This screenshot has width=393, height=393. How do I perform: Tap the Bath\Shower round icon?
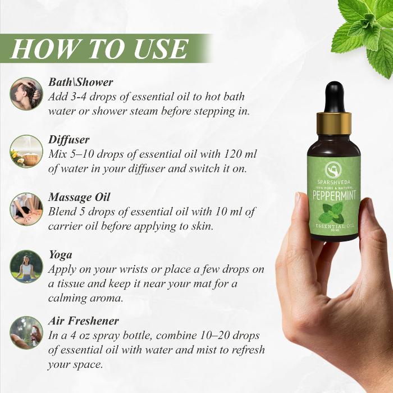26,93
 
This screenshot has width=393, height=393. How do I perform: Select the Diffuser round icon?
26,151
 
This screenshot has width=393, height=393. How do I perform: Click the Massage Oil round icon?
26,209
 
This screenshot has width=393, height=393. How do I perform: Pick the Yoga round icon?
26,266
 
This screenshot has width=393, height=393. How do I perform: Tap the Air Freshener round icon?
26,332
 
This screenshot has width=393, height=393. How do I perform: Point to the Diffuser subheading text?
69,139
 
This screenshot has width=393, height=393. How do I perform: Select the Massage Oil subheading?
79,197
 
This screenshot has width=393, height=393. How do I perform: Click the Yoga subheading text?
60,255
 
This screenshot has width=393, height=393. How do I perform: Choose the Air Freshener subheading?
84,321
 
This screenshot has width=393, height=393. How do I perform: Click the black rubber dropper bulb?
334,96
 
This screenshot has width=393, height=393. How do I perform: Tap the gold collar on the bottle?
334,124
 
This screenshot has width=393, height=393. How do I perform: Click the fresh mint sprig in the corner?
365,28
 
